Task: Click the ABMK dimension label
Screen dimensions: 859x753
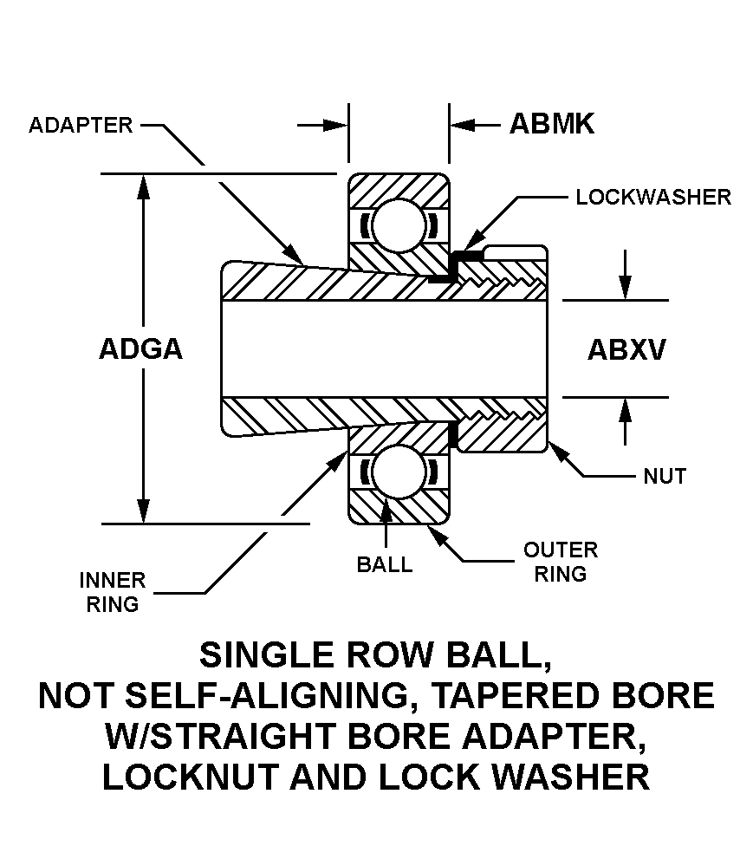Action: [552, 124]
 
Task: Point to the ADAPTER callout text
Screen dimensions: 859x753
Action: [81, 125]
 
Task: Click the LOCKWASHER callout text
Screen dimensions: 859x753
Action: [653, 197]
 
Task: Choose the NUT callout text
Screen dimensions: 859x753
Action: [665, 475]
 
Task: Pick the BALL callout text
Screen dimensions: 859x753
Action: [385, 564]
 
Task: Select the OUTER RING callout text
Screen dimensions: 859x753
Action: [561, 562]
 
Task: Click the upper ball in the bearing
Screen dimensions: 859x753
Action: [399, 224]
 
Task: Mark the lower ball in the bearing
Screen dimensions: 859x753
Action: [399, 472]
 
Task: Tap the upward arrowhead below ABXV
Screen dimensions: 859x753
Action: [624, 410]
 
